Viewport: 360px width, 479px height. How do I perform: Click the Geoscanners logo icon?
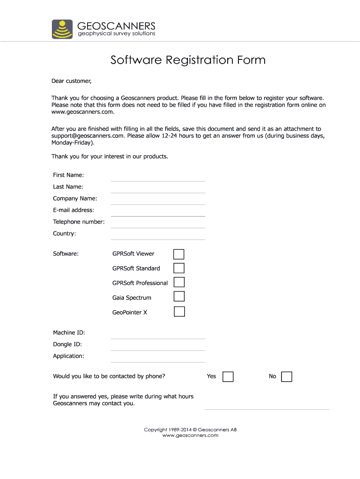pyautogui.click(x=62, y=29)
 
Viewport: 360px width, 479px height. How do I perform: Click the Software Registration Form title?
pyautogui.click(x=188, y=60)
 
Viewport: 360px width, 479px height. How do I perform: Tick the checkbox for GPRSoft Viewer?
pyautogui.click(x=179, y=254)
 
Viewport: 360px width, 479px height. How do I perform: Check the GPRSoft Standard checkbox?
pyautogui.click(x=179, y=269)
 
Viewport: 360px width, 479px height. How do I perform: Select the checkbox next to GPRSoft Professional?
pyautogui.click(x=179, y=283)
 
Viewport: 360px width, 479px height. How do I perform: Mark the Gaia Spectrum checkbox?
pyautogui.click(x=179, y=297)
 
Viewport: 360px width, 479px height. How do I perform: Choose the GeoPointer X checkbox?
pyautogui.click(x=179, y=312)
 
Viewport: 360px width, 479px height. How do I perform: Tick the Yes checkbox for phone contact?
pyautogui.click(x=228, y=377)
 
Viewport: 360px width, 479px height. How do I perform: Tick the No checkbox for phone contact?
pyautogui.click(x=287, y=377)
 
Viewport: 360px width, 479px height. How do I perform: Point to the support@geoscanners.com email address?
pyautogui.click(x=87, y=136)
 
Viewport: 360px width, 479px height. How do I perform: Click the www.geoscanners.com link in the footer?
pyautogui.click(x=190, y=435)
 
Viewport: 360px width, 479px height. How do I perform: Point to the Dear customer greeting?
pyautogui.click(x=72, y=81)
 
